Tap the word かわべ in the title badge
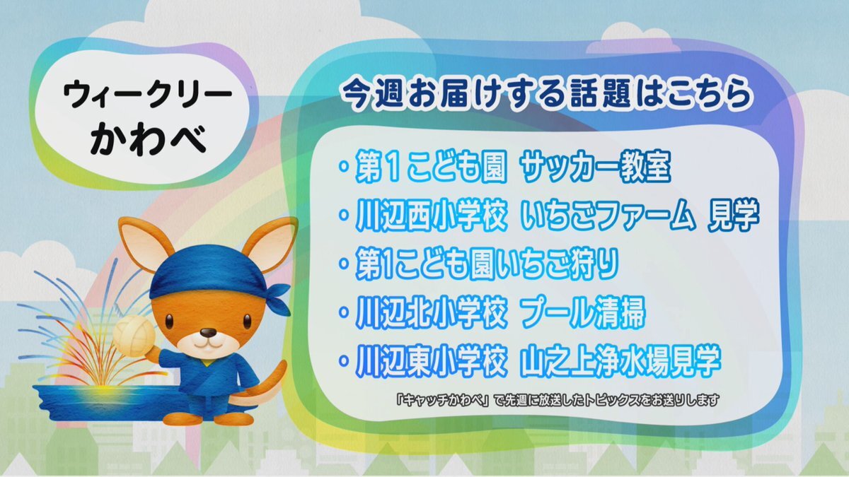tap(149, 139)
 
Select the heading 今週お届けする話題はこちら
tap(546, 94)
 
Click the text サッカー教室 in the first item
tap(596, 167)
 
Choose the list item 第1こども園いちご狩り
tap(487, 264)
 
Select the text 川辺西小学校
tap(432, 215)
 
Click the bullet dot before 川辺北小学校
tap(344, 312)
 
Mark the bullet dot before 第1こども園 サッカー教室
tap(344, 166)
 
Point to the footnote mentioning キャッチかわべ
tap(558, 400)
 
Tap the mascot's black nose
tap(208, 333)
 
